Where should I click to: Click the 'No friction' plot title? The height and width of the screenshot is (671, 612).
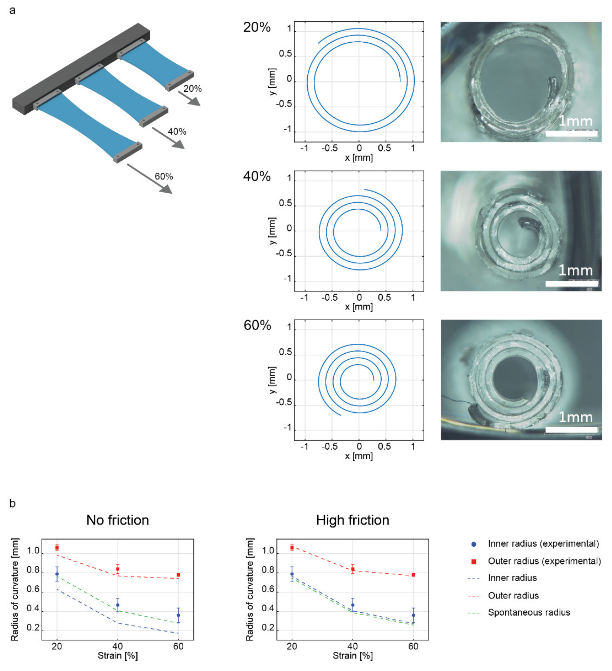tap(118, 520)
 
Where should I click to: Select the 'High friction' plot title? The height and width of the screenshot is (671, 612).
tap(352, 520)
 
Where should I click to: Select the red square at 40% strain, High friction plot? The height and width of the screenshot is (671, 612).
tap(353, 569)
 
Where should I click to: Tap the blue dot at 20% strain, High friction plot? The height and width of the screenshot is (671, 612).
tap(292, 574)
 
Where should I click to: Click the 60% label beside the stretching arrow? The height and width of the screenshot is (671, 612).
tap(164, 176)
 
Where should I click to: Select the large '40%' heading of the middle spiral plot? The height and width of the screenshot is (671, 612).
tap(257, 176)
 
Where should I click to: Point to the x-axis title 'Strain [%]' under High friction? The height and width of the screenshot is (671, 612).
tap(352, 656)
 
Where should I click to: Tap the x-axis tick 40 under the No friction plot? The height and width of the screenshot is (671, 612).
tap(118, 646)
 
